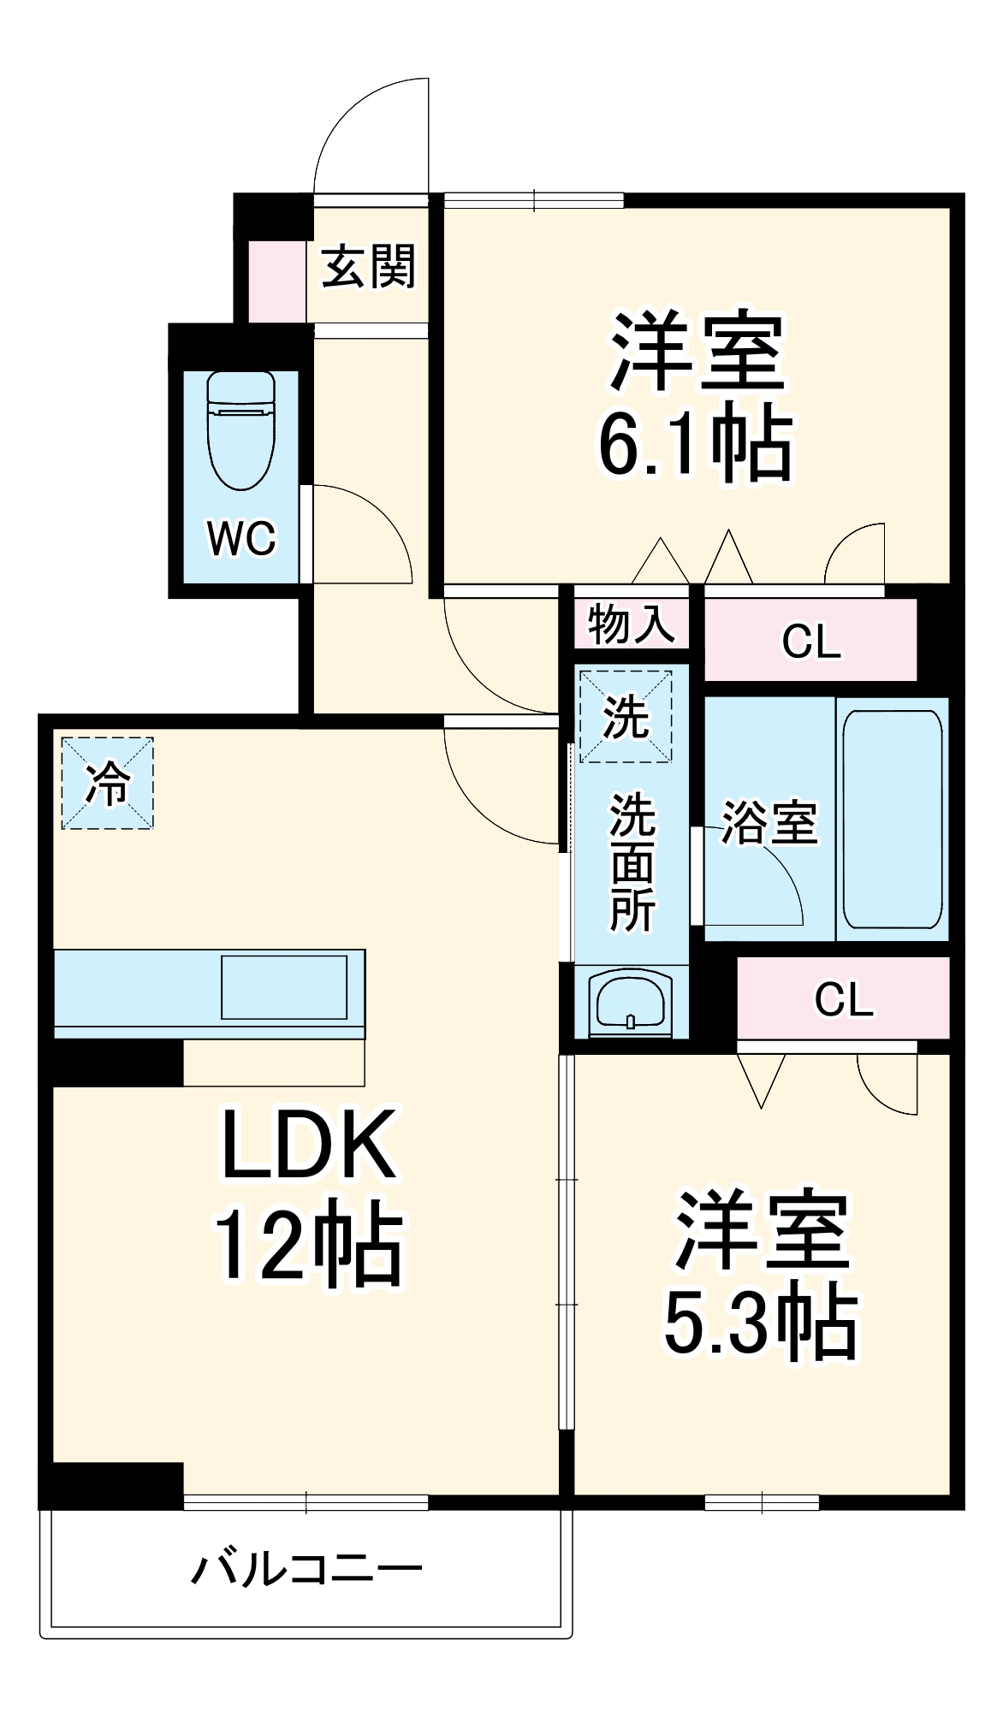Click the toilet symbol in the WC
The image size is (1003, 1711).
(241, 430)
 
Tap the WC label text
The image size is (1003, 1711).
(241, 538)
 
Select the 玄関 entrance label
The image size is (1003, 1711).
(369, 266)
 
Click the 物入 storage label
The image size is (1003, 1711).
(632, 622)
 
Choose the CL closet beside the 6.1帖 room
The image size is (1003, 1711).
(810, 640)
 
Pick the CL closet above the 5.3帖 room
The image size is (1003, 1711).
(843, 998)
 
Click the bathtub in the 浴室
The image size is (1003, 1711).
(893, 819)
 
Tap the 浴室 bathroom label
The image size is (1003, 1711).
(769, 822)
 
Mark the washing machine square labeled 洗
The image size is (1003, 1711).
(626, 716)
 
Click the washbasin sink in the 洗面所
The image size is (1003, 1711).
(630, 1002)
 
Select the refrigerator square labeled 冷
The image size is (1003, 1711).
(108, 784)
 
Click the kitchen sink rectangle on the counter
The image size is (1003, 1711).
(284, 987)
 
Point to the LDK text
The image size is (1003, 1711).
(308, 1144)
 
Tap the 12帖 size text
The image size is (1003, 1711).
(308, 1246)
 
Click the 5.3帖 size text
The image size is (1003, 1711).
(761, 1323)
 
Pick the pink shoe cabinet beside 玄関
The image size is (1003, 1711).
(276, 281)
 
